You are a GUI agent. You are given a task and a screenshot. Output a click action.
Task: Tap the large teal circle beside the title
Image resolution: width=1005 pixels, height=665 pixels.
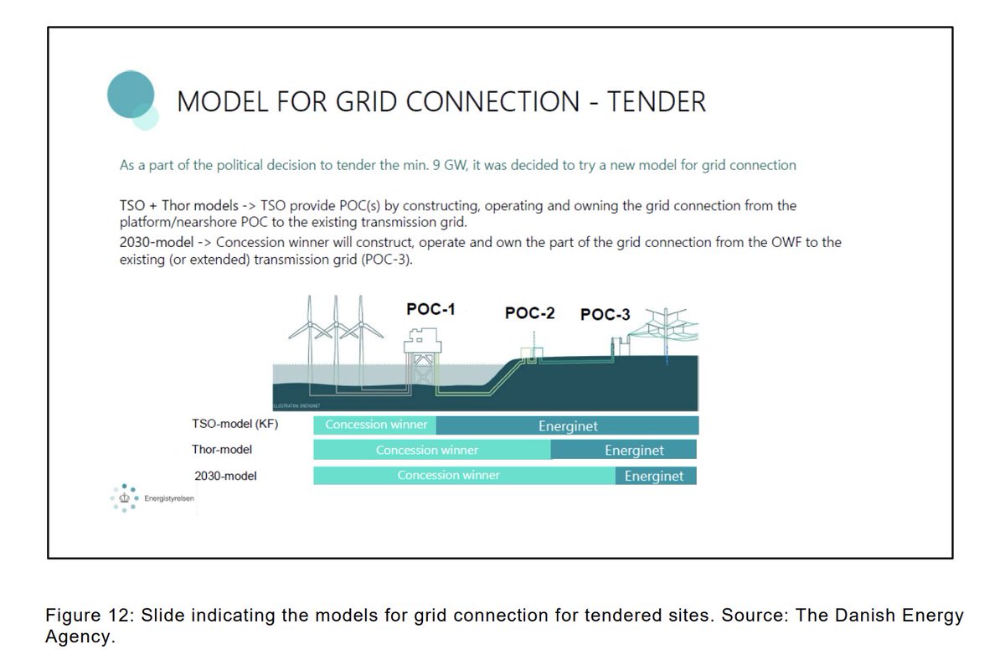coord(131,94)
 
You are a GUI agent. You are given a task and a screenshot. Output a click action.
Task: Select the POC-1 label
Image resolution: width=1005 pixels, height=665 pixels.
coord(430,310)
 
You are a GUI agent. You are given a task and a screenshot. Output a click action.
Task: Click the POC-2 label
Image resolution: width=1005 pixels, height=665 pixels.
coord(529,313)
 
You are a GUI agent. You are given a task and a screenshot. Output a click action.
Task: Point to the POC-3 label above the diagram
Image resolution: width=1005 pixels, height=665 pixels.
coord(605,315)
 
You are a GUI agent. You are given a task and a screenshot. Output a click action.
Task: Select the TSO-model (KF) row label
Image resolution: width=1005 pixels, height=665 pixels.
coord(234,425)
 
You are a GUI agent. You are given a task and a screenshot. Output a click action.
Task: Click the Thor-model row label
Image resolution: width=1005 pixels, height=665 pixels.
coord(222,450)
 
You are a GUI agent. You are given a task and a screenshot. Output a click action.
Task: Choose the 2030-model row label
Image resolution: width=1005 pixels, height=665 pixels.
coord(225,476)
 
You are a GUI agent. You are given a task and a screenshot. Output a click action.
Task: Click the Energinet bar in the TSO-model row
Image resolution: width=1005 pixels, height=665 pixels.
coord(568,425)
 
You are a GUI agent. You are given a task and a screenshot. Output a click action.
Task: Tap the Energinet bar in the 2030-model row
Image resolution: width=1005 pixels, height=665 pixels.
coord(655,476)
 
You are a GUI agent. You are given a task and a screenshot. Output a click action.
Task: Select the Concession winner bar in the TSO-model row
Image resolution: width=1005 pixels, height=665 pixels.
coord(375,425)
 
